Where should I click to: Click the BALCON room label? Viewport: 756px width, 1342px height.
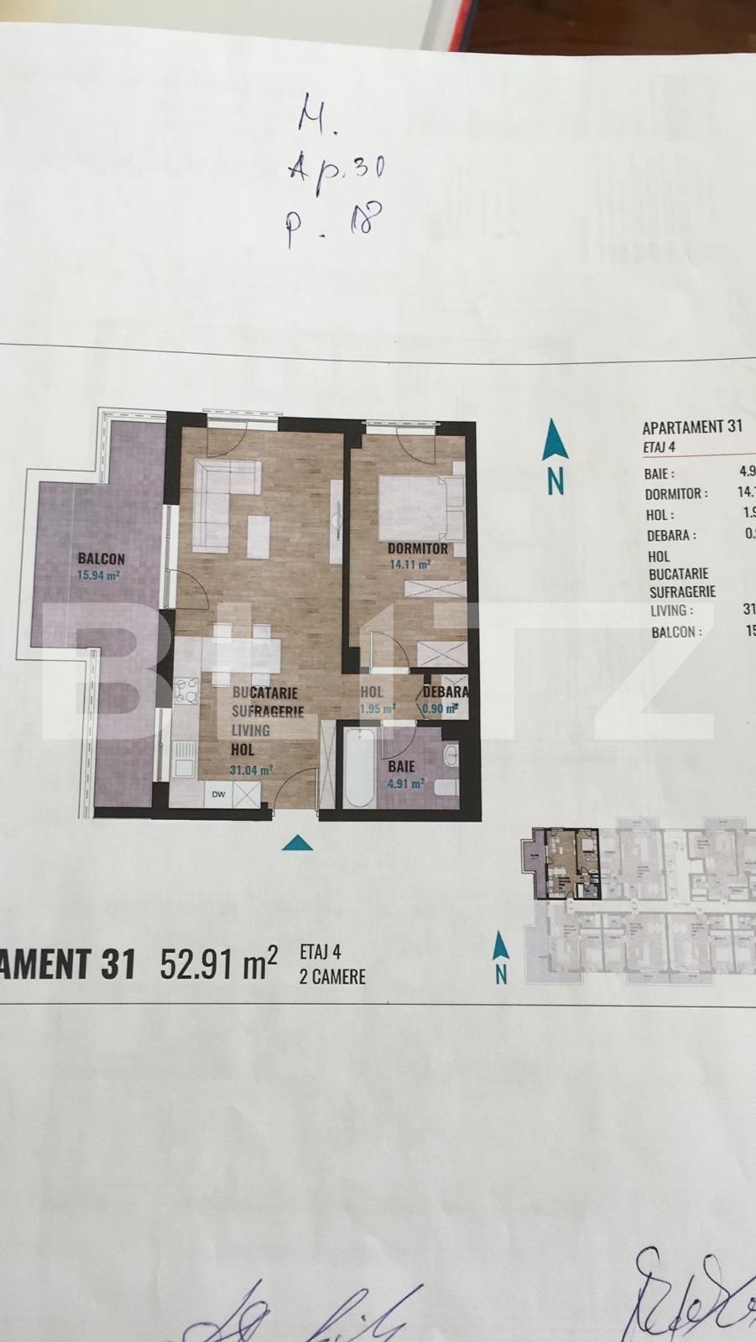point(102,559)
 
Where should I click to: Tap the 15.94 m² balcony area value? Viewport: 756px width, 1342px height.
point(101,576)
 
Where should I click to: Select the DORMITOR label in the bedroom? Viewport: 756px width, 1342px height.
point(417,549)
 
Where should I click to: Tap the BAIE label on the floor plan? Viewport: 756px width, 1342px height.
point(401,767)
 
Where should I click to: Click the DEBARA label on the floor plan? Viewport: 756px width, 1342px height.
point(446,693)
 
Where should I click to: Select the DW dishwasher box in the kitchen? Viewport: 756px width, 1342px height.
point(218,794)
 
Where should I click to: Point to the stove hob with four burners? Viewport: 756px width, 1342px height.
point(185,692)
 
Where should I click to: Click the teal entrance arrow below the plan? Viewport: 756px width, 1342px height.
point(297,842)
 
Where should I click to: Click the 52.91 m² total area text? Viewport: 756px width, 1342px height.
point(218,965)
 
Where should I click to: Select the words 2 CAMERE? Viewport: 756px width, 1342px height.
point(332,977)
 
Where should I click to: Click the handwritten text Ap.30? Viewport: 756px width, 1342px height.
point(335,169)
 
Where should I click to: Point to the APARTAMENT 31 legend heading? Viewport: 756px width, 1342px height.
point(692,426)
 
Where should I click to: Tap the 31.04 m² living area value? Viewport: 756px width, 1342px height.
point(251,769)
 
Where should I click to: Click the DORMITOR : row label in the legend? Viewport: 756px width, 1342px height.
point(676,494)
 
